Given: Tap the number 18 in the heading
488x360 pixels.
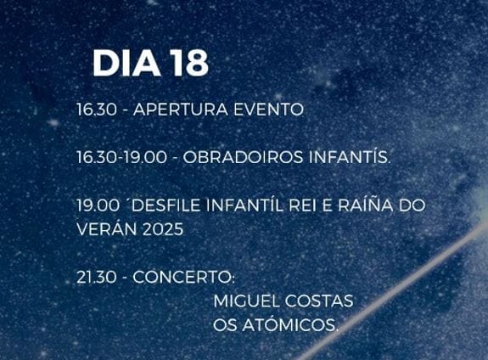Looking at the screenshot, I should [189, 64].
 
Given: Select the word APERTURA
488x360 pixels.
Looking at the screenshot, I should [176, 110].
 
